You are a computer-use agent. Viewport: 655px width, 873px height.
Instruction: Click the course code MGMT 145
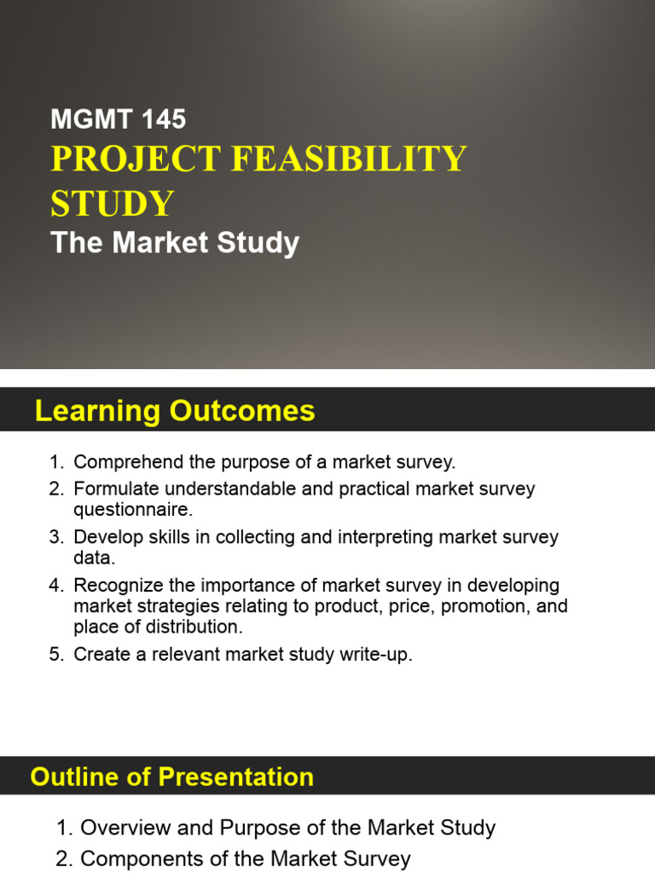[118, 119]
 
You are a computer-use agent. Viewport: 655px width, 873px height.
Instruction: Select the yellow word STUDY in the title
[113, 204]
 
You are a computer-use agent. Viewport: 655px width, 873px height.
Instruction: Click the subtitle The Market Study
[175, 244]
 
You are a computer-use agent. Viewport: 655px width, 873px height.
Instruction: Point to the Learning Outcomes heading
[175, 412]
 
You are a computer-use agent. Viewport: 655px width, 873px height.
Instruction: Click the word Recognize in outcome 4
[114, 587]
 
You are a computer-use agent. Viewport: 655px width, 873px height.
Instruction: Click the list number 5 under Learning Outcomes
[55, 656]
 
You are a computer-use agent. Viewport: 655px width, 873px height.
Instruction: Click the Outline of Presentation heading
[171, 778]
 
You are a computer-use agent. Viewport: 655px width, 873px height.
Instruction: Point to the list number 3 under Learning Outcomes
[55, 538]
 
